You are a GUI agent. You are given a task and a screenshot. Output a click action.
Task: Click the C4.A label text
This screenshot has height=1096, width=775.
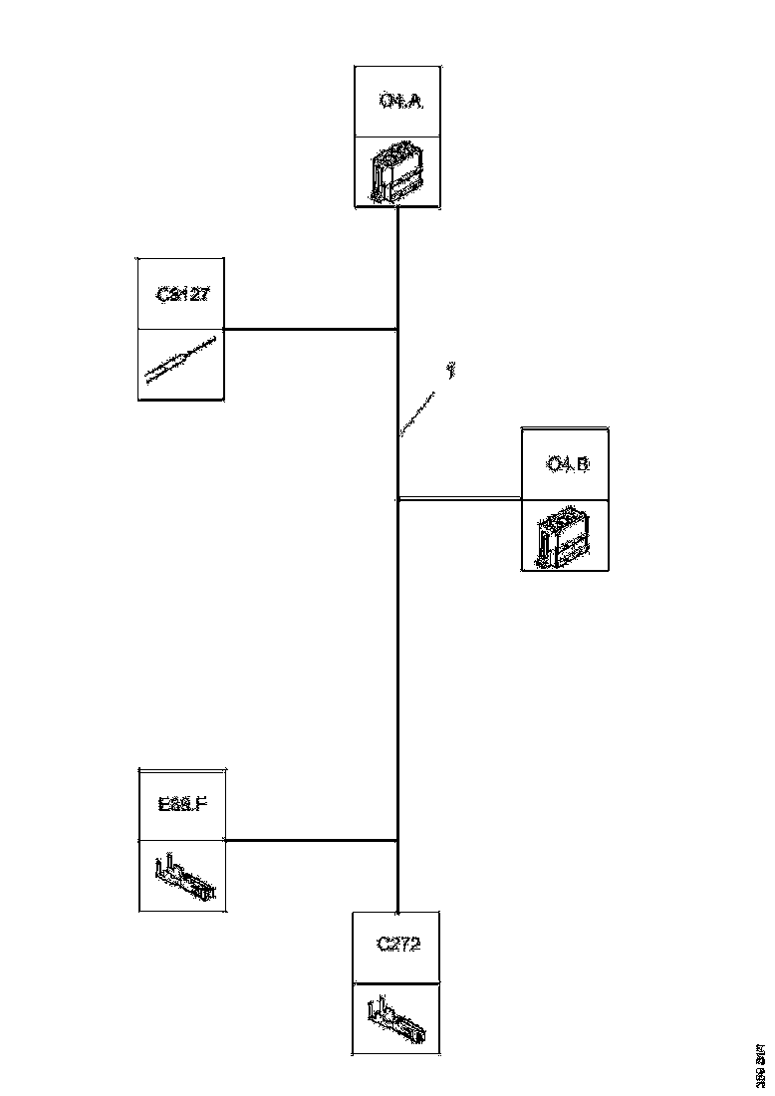(397, 101)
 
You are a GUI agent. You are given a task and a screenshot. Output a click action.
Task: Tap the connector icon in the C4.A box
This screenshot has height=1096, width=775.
(396, 172)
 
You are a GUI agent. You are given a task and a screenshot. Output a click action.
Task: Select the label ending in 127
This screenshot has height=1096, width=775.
(181, 295)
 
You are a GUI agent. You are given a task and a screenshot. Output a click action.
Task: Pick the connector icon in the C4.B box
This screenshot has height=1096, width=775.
(563, 536)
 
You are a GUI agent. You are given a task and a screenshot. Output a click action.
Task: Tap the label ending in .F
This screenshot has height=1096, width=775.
(182, 804)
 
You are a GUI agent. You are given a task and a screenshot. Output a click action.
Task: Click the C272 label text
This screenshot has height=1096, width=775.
(398, 944)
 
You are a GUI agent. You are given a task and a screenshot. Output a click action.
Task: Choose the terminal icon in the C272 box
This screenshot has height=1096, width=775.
(398, 1016)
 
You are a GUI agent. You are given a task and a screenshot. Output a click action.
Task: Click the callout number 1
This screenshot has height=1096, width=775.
(451, 371)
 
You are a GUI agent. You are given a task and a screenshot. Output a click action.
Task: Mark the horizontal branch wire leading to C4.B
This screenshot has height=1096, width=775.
(458, 498)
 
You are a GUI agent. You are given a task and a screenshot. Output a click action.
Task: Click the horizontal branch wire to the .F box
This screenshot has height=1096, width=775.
(311, 840)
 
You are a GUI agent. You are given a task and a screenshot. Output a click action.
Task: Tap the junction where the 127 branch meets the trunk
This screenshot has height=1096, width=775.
(397, 329)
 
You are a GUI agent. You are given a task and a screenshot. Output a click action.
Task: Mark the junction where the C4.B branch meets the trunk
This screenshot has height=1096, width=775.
(397, 498)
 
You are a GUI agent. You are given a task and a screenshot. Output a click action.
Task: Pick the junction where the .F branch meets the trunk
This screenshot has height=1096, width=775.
(397, 840)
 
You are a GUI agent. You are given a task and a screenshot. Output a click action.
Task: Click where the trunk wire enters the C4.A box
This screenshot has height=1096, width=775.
(397, 208)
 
